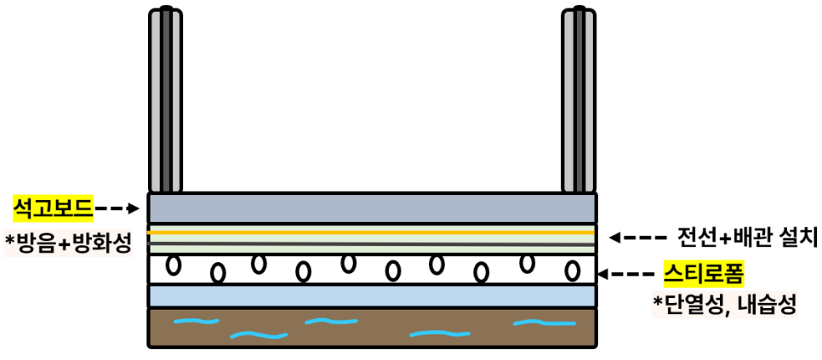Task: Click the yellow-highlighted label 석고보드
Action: (52, 207)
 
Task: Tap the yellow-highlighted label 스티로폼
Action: (704, 274)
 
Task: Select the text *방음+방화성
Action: (68, 243)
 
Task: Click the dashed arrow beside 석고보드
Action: (117, 207)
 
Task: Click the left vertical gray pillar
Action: (165, 100)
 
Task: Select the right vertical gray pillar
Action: (579, 100)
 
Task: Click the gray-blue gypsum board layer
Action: (372, 209)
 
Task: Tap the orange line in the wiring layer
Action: (372, 231)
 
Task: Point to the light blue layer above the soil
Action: (372, 295)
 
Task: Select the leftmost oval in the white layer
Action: (174, 265)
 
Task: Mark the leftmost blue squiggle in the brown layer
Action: (196, 322)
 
